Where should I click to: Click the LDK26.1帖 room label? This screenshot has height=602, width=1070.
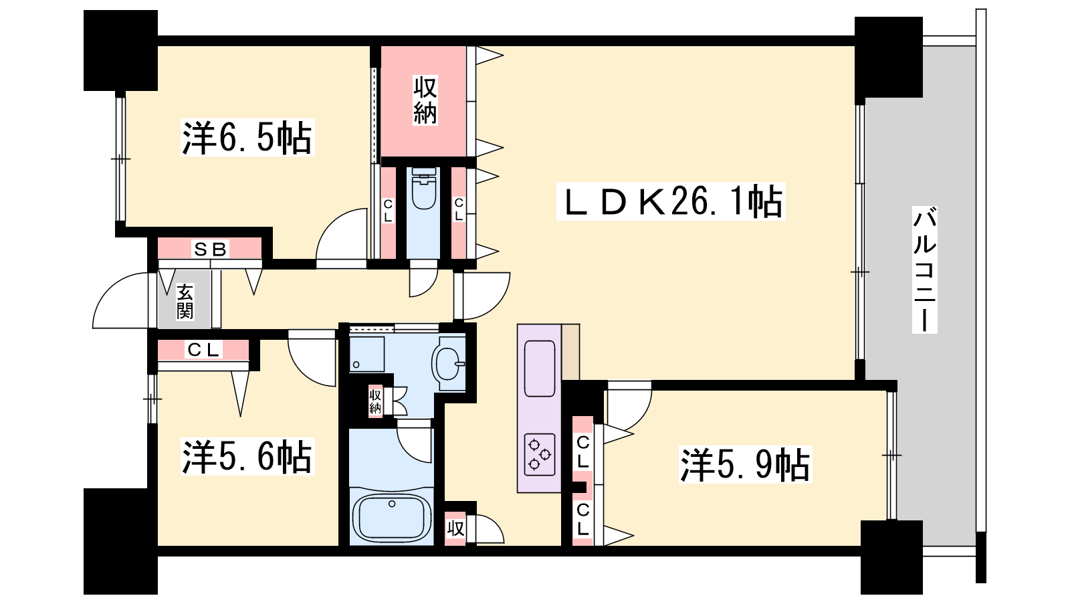[x=671, y=201]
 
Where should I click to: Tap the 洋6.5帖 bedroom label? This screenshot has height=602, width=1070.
[x=247, y=138]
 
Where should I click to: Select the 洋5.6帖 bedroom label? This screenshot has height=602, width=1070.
[x=247, y=457]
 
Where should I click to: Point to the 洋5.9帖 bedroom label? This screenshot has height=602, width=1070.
[x=745, y=464]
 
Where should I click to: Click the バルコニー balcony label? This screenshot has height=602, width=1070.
[x=924, y=270]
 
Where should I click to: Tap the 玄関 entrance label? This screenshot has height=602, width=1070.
[x=185, y=301]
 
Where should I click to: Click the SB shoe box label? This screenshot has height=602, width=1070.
[x=210, y=249]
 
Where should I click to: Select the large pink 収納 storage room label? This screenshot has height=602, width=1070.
[x=425, y=100]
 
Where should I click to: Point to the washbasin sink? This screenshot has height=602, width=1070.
[x=448, y=364]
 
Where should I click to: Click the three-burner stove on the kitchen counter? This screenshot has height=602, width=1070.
[x=540, y=454]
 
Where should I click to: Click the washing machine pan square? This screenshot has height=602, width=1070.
[x=367, y=354]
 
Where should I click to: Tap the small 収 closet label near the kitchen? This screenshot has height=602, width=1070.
[x=455, y=529]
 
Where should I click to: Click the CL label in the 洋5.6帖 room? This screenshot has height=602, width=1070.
[x=203, y=350]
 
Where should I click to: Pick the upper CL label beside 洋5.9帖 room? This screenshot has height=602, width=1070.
[x=582, y=452]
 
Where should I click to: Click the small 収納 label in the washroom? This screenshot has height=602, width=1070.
[x=375, y=401]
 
